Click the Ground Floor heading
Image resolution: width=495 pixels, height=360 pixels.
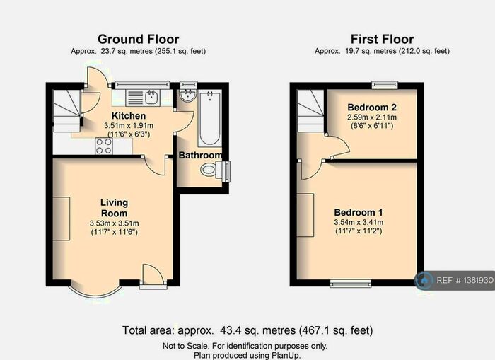point(138,39)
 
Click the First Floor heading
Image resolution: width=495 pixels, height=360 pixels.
point(382,39)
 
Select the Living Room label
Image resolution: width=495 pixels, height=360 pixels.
point(113,207)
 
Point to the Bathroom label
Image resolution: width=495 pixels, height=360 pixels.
point(200,155)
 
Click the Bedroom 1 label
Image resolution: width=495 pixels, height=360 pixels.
point(359,212)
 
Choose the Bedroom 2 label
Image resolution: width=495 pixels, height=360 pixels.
point(371,107)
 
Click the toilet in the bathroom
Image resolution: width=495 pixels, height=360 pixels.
point(213,170)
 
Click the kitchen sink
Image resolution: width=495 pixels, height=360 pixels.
point(151,95)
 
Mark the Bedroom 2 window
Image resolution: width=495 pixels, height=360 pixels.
point(385,85)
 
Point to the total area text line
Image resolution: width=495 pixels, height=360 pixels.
point(248,330)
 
